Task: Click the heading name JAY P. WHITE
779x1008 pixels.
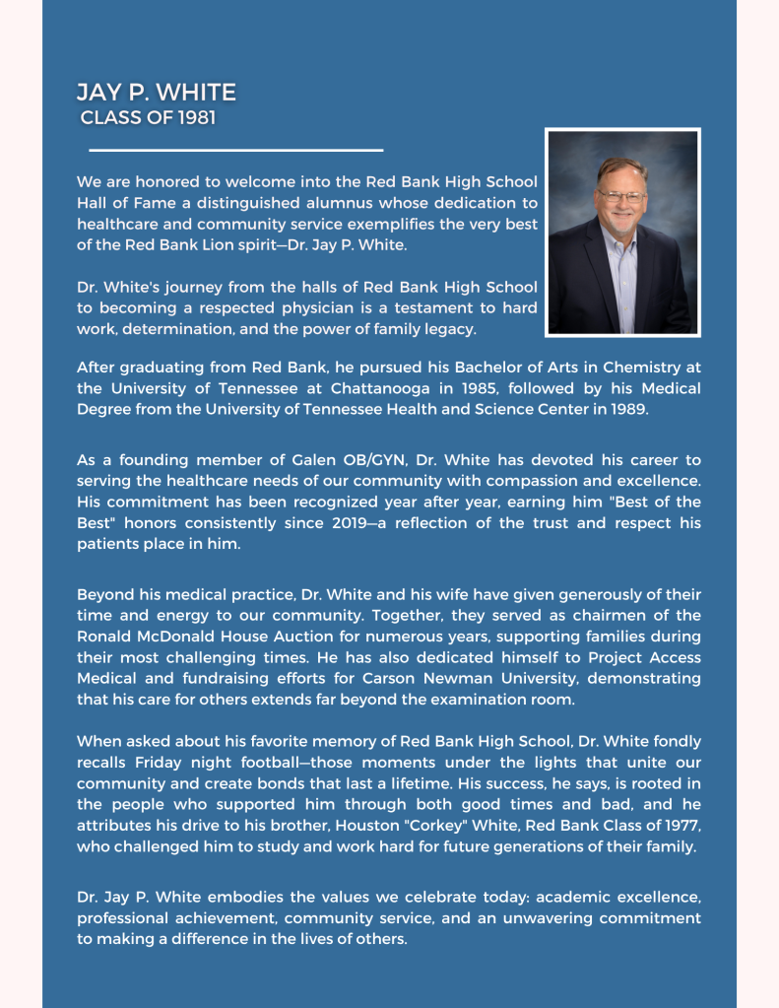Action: coord(157,94)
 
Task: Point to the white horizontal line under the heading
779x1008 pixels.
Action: coord(235,151)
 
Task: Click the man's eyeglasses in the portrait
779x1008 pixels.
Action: coord(621,197)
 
